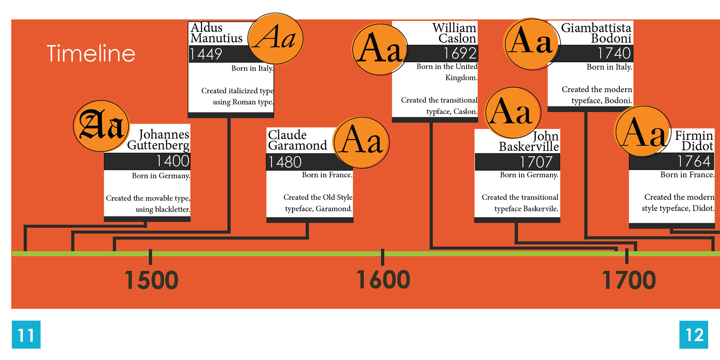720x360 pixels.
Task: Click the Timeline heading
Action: click(91, 53)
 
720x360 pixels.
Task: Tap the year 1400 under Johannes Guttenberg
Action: click(173, 161)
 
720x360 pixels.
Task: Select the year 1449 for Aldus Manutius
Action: click(206, 54)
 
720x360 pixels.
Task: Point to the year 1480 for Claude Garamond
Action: click(285, 162)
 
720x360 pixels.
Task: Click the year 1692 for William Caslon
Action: click(460, 53)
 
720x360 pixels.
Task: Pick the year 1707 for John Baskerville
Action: click(536, 162)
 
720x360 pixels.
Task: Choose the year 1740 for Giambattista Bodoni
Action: click(614, 53)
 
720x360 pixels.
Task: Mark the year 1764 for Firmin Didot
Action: click(694, 161)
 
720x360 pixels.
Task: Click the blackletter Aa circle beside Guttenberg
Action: click(101, 126)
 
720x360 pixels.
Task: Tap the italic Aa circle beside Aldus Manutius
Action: click(275, 38)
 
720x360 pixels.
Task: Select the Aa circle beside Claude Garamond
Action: click(361, 142)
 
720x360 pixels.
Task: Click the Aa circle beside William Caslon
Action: click(380, 49)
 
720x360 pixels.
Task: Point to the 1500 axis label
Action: click(151, 280)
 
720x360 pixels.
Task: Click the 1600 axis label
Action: click(383, 280)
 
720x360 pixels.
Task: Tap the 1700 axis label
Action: click(629, 280)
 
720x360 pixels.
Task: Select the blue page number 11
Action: click(26, 334)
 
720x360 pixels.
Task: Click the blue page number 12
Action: click(694, 334)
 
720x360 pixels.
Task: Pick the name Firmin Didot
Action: click(694, 141)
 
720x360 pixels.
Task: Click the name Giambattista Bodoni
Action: click(596, 33)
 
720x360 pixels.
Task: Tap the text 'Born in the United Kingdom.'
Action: click(447, 72)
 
